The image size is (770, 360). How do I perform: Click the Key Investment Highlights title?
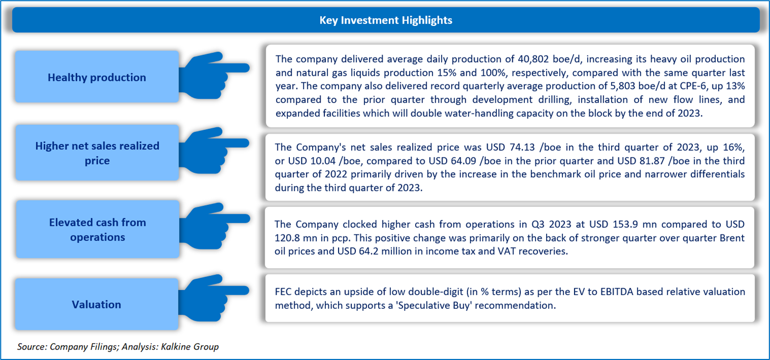(x=386, y=20)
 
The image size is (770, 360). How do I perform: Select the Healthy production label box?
(x=97, y=77)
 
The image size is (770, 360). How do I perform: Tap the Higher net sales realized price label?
(x=97, y=153)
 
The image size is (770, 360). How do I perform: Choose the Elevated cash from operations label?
(x=97, y=230)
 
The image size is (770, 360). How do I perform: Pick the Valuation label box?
(x=97, y=304)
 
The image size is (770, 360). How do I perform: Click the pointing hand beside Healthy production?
(x=214, y=75)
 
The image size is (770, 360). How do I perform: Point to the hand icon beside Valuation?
(x=214, y=298)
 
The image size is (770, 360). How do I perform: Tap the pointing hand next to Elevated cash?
(x=214, y=226)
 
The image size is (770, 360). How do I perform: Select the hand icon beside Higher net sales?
(x=214, y=150)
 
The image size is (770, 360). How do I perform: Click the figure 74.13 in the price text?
(x=522, y=147)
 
